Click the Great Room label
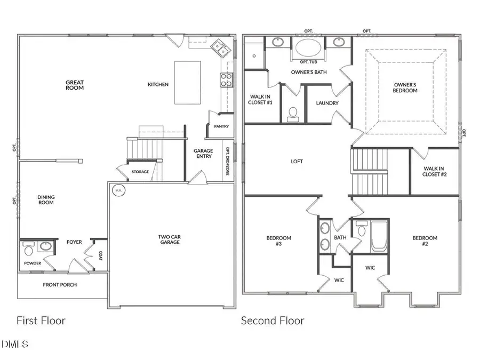(75, 85)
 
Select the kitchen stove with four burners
(226, 79)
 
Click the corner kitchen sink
(219, 48)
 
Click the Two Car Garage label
(169, 239)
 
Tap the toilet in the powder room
(28, 249)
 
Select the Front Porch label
(60, 285)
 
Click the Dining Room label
(46, 200)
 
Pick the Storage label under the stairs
(140, 172)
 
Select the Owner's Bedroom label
(405, 87)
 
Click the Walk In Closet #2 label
(434, 171)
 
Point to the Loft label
(297, 161)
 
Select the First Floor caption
(41, 321)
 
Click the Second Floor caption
(273, 321)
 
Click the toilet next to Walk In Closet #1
(292, 113)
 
